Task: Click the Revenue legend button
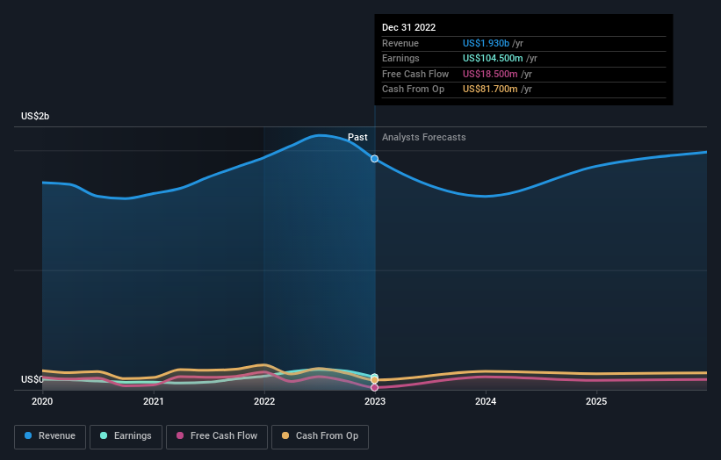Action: pos(50,435)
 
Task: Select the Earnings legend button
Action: pos(126,435)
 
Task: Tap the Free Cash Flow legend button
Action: pos(217,435)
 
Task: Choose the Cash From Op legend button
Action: pos(321,435)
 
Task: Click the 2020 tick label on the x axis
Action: pos(42,402)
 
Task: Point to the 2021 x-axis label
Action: pos(154,402)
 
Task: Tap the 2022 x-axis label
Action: pos(264,402)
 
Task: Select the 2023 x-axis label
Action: pos(375,402)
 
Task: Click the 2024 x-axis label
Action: pos(486,402)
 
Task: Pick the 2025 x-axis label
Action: pos(596,402)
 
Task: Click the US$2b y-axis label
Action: pos(36,117)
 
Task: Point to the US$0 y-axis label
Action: pos(32,380)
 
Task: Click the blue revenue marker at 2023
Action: pos(375,159)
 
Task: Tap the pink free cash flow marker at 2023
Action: pos(375,387)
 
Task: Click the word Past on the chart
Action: pos(357,138)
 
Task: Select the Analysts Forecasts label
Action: pos(424,138)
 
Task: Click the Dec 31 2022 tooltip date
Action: pos(408,28)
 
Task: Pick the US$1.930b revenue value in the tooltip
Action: pos(493,44)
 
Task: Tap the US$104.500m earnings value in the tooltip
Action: pos(500,59)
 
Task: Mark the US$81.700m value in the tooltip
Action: pos(497,90)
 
